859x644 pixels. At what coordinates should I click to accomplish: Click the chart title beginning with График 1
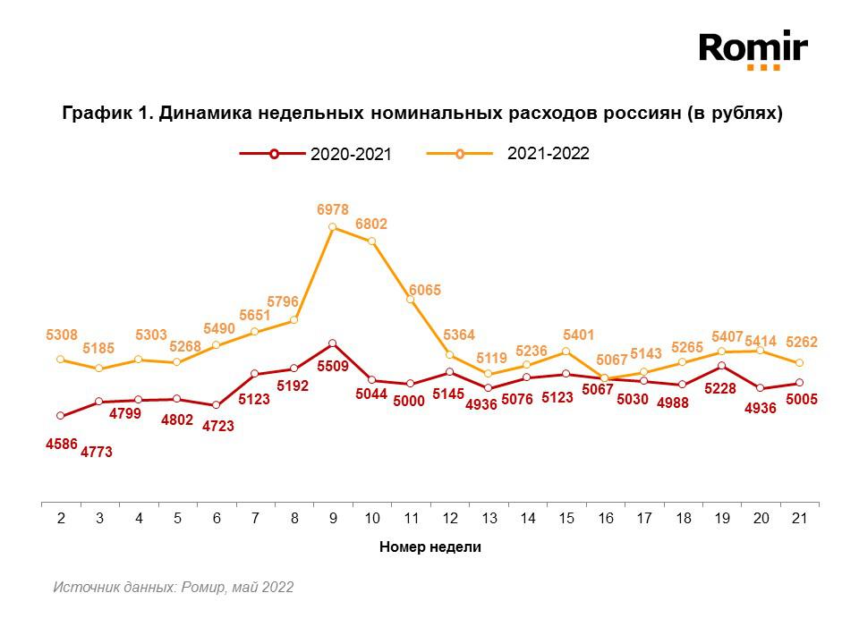tap(422, 114)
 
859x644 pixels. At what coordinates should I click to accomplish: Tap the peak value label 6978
tap(332, 209)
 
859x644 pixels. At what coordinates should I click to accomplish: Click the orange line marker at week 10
tap(371, 241)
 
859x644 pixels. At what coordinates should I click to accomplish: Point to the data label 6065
tap(424, 290)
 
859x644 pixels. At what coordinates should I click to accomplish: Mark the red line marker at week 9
tap(332, 343)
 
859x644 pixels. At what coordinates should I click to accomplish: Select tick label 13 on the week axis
tap(489, 519)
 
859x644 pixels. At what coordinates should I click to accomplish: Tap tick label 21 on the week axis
tap(799, 519)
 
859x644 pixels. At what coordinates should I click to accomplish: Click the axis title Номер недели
tap(429, 547)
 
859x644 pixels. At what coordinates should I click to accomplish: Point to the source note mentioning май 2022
tap(173, 588)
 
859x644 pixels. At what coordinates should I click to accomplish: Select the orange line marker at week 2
tap(60, 360)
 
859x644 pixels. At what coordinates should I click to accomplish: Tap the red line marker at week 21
tap(799, 383)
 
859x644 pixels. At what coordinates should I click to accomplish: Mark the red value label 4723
tap(217, 426)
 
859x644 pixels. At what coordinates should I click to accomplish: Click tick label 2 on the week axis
tap(60, 519)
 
